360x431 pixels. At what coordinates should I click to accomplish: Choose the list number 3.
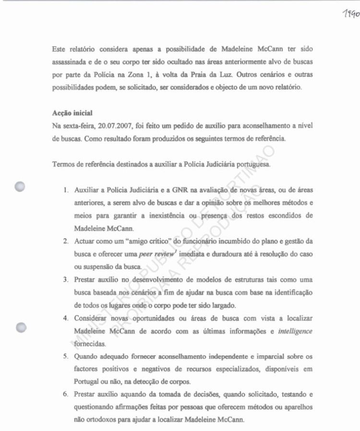pyautogui.click(x=65, y=279)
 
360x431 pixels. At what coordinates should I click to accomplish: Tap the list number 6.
pyautogui.click(x=65, y=394)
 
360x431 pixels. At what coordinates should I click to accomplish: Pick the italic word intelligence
pyautogui.click(x=295, y=332)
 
